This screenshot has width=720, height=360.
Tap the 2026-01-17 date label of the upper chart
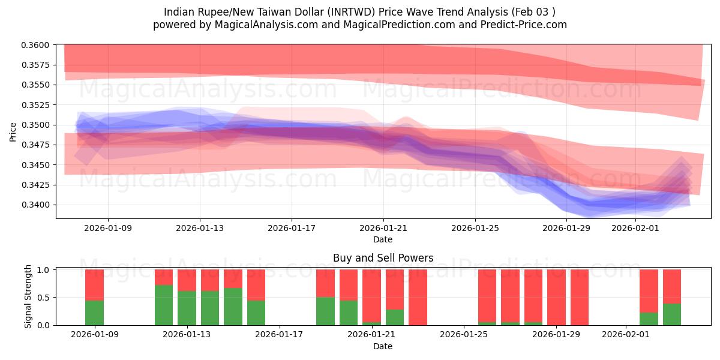coord(291,228)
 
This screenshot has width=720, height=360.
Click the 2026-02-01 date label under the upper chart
coord(635,228)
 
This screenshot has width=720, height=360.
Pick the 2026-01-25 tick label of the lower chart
coord(464,335)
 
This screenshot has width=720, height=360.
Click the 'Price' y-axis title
coord(13,131)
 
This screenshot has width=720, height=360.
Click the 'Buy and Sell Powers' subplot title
coord(383,258)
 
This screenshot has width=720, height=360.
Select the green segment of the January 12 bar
coord(164,305)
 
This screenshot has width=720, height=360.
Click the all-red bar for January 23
coord(418,297)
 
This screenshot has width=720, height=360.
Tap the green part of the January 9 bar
coord(94,313)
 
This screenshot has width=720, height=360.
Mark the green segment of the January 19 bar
coord(325,311)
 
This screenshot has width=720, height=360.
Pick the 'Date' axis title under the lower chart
coord(383,346)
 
